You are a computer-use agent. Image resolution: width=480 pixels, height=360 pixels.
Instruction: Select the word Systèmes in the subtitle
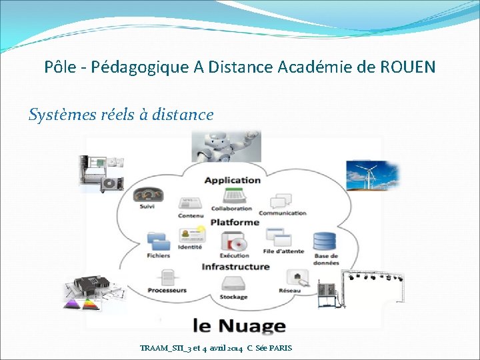click(57, 115)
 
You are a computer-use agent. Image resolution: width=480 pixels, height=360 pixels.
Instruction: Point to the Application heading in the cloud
click(232, 180)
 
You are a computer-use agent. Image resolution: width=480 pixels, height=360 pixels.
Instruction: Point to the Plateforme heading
click(235, 222)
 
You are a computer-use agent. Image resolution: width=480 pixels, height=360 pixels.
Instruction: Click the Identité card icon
click(190, 237)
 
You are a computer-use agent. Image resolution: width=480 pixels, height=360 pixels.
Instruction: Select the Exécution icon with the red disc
click(234, 243)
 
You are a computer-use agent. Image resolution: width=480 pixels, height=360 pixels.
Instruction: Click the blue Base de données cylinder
click(325, 241)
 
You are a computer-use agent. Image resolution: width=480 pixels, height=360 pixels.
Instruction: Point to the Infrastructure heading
click(235, 267)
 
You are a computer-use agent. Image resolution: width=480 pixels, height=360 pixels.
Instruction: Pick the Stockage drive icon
click(233, 285)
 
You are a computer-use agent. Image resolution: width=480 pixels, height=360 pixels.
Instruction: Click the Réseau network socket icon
click(295, 277)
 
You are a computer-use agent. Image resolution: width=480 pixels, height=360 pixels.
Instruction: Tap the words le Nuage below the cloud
click(239, 325)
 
